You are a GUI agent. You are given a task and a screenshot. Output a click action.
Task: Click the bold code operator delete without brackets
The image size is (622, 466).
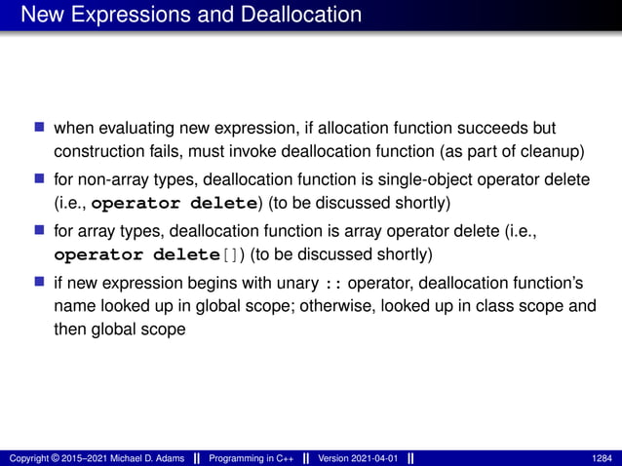point(172,204)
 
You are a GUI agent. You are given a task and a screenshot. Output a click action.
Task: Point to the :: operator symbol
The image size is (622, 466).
point(334,284)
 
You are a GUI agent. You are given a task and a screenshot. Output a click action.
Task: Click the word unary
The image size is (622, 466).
point(301,284)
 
